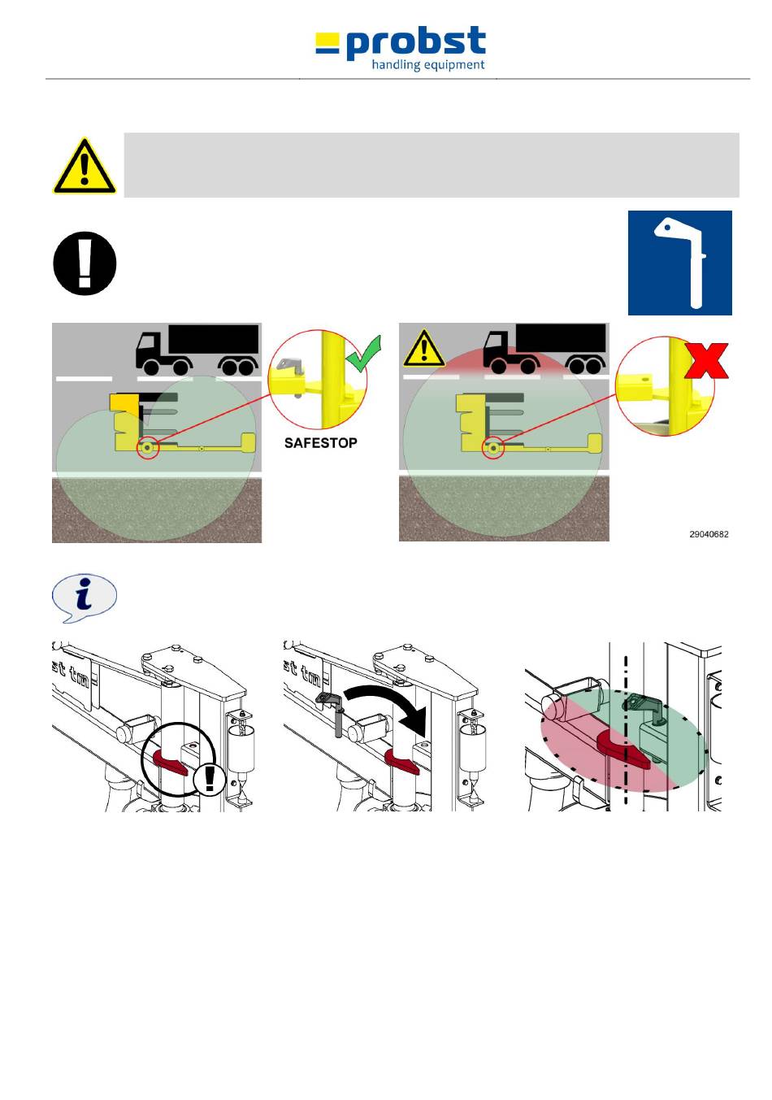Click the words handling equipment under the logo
click(428, 65)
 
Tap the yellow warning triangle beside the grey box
click(85, 167)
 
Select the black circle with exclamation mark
click(85, 263)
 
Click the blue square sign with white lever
click(679, 263)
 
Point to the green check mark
click(363, 355)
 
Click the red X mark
click(705, 360)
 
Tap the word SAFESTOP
click(320, 443)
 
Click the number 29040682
click(709, 534)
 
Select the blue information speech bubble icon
click(84, 598)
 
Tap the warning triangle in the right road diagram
click(423, 350)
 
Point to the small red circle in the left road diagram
click(147, 447)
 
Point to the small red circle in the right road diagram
click(493, 448)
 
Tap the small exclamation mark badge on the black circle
click(210, 778)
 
